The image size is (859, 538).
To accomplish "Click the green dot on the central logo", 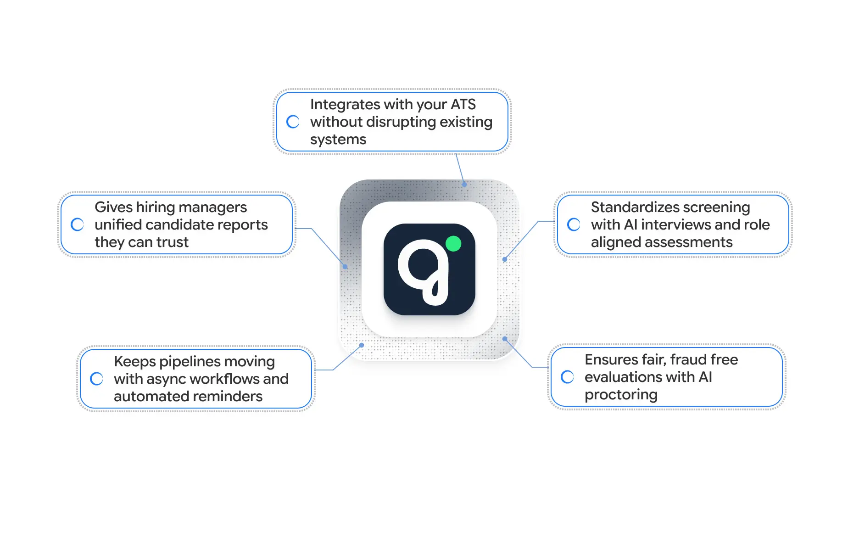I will [453, 244].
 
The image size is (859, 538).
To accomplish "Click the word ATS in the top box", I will [463, 105].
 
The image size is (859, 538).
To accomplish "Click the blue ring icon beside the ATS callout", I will [293, 122].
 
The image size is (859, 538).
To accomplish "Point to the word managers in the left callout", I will [212, 207].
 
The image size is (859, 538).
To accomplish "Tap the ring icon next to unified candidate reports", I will [78, 224].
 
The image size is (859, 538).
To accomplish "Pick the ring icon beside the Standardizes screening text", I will [574, 224].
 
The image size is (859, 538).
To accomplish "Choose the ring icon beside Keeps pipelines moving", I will [97, 379].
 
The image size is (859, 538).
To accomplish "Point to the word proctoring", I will [621, 395].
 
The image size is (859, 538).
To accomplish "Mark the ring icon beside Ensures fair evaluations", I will [568, 377].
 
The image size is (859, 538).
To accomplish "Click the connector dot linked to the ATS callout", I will [464, 185].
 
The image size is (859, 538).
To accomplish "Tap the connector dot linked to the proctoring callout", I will [505, 339].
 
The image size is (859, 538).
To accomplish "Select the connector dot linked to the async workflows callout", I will [362, 345].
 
